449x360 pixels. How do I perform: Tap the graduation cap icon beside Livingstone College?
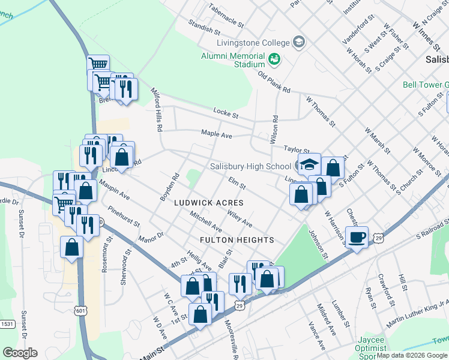pos(298,42)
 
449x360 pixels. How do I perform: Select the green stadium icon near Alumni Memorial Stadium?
pos(275,59)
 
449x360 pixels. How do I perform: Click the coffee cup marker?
pos(358,237)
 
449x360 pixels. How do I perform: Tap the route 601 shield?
pos(80,310)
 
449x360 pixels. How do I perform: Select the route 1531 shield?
pos(7,341)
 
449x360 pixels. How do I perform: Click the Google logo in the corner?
pos(20,352)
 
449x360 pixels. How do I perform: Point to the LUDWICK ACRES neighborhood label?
pos(208,203)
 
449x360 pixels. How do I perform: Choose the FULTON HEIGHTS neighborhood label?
pos(238,240)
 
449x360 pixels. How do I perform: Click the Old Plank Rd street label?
pos(274,82)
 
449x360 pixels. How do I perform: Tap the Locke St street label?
pos(226,112)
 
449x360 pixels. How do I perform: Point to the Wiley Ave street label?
pos(240,221)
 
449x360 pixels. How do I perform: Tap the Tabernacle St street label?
pos(226,17)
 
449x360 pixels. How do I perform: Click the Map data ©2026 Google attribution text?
pos(412,356)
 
